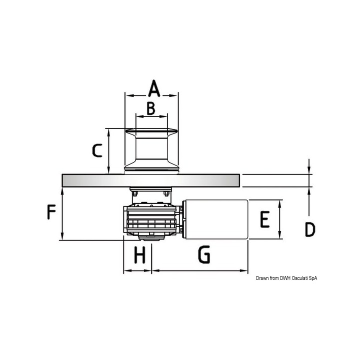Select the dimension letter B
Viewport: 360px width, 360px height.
pos(151,107)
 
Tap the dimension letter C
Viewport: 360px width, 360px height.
pos(98,150)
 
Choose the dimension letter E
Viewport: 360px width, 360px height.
pos(265,219)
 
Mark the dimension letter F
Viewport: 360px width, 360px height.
pos(51,213)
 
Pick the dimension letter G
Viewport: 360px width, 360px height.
pos(203,255)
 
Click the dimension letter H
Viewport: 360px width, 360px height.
pos(140,255)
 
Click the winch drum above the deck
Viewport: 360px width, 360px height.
pos(151,150)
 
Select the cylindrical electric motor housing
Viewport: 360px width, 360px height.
pos(216,219)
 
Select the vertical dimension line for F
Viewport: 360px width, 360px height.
pos(62,214)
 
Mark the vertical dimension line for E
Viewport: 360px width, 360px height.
pos(279,219)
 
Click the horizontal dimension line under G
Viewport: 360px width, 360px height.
pos(200,270)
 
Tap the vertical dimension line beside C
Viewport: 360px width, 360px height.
pos(108,150)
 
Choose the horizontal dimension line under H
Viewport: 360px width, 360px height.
pos(137,270)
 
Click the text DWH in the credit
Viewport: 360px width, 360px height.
pos(284,278)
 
